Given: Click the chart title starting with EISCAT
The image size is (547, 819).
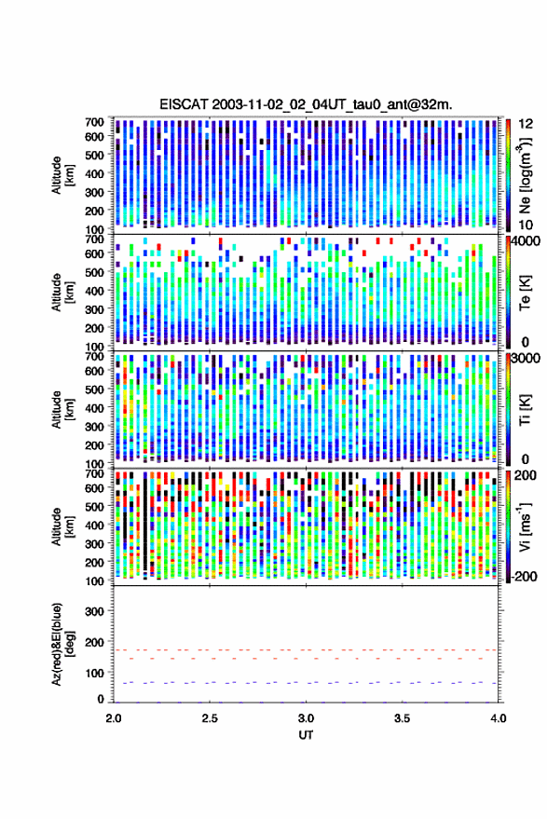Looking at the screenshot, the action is coord(306,104).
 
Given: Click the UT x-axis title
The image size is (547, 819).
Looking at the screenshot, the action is coord(306,735).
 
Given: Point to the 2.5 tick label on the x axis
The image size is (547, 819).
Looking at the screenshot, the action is coord(210,718).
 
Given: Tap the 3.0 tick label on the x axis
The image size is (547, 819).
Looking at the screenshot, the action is coord(306,718).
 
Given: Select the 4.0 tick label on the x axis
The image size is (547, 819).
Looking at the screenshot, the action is coord(498,718).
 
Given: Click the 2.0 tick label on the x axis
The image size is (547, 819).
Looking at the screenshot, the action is coord(114,718).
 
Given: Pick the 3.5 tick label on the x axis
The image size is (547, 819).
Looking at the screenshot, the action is coord(402,718).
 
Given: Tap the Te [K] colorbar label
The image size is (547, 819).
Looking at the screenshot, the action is coord(525,293).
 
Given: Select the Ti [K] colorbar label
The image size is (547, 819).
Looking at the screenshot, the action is coord(525,410).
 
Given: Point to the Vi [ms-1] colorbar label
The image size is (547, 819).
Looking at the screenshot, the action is coord(525,527).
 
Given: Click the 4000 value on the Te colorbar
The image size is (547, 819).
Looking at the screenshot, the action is coord(526,240).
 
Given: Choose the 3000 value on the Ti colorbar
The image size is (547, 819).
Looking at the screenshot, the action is coord(526,358).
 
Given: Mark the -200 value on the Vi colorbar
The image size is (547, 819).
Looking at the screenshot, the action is coord(524,576).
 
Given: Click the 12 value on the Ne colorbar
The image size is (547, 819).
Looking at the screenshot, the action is coord(526,124).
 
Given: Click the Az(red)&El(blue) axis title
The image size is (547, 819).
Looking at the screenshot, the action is coord(62,644).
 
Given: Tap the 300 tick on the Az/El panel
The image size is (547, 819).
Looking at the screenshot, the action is coord(95,611).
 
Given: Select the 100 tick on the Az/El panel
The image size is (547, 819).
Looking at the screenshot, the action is coord(95,674).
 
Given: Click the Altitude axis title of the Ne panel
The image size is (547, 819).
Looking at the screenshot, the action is coord(62,175).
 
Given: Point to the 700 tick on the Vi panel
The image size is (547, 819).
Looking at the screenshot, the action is coord(95,473).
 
